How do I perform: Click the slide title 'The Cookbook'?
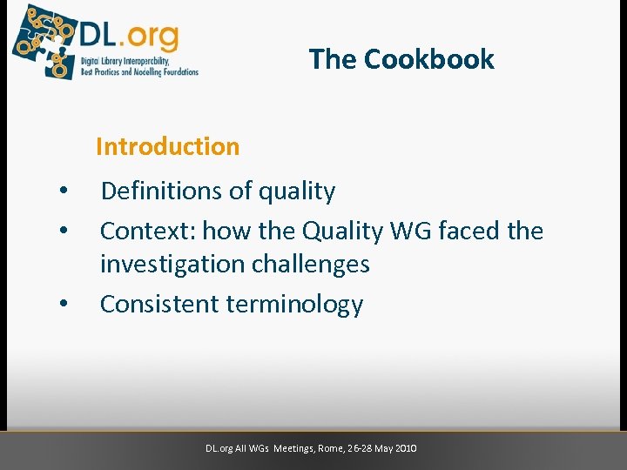401,59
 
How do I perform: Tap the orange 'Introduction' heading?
167,146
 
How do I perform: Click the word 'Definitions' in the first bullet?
158,191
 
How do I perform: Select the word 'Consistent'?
159,304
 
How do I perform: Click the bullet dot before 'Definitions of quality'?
63,191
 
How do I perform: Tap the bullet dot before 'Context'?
63,231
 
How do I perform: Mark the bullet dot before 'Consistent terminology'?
63,305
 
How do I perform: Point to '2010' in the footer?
406,448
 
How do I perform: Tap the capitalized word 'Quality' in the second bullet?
342,231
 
